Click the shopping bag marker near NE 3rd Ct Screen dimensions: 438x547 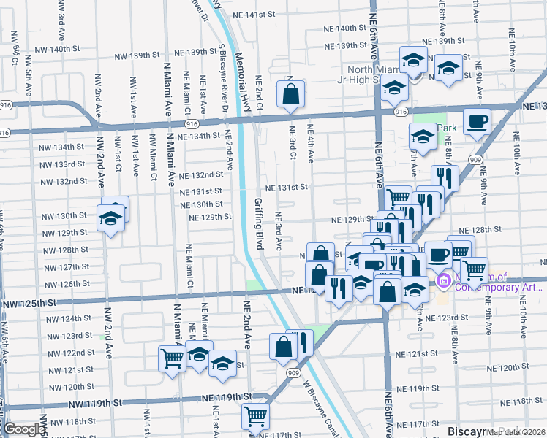click(x=290, y=93)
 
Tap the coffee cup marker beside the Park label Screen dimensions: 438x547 click(x=477, y=122)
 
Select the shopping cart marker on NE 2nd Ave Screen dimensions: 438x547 click(x=255, y=416)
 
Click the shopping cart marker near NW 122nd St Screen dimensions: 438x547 click(x=172, y=358)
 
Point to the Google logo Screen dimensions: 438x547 click(x=24, y=429)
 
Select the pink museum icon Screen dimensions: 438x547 click(x=442, y=280)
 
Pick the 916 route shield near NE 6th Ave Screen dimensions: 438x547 click(x=400, y=112)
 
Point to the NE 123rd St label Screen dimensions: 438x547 click(x=448, y=318)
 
